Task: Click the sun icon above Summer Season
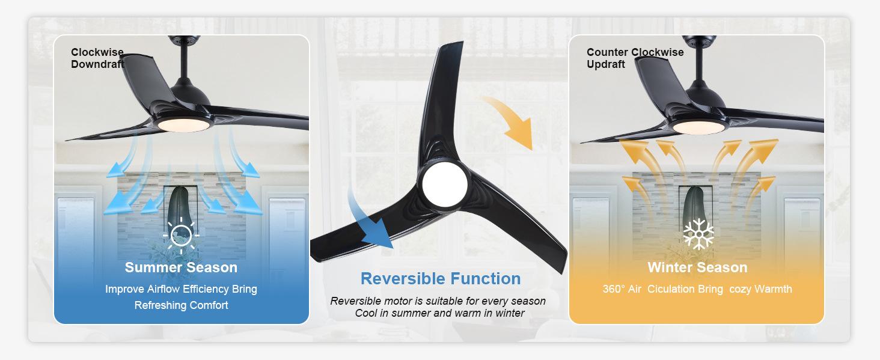click(x=181, y=235)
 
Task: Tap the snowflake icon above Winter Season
click(x=698, y=234)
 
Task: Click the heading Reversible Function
click(x=441, y=279)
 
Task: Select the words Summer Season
click(x=181, y=267)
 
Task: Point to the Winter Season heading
click(x=697, y=267)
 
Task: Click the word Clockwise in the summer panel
click(x=97, y=52)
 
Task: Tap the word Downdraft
click(x=97, y=64)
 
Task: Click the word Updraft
click(x=605, y=64)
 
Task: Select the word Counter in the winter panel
click(x=607, y=52)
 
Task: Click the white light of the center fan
click(x=444, y=184)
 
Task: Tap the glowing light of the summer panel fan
click(x=183, y=124)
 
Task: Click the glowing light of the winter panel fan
click(x=698, y=127)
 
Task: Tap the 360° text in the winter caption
click(x=614, y=289)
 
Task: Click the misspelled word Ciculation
click(x=672, y=289)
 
